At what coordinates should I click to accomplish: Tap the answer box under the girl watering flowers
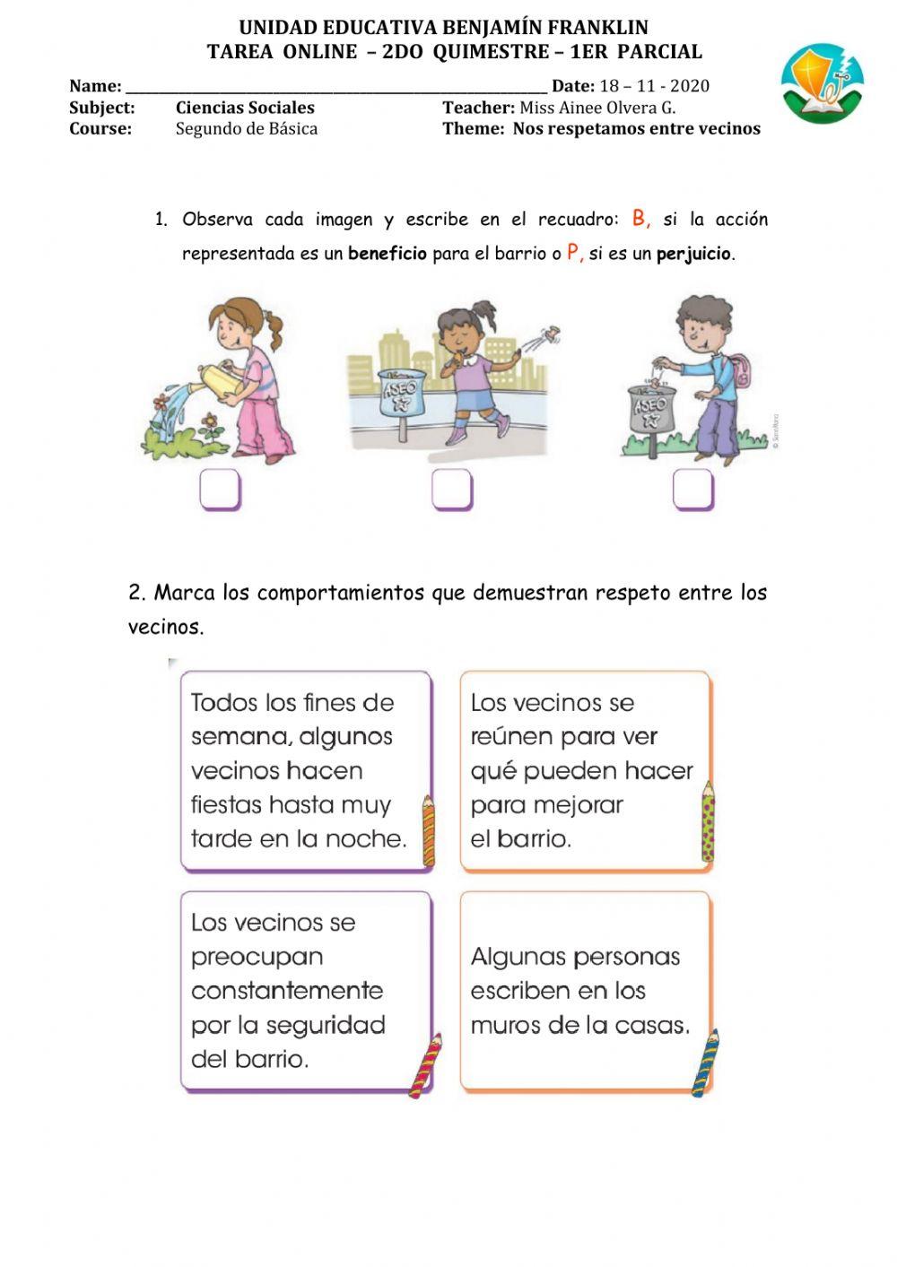[x=220, y=490]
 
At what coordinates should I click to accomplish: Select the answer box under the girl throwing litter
[x=452, y=490]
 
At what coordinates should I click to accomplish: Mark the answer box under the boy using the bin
[x=692, y=490]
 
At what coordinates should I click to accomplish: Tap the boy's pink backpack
[x=742, y=370]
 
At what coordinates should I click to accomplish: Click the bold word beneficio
[x=388, y=254]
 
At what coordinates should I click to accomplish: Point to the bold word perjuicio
[x=694, y=254]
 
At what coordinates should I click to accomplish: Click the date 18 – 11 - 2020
[x=654, y=86]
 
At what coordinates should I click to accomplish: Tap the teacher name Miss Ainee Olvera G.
[x=597, y=108]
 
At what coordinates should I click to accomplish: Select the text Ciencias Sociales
[x=245, y=108]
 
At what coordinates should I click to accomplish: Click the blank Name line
[x=336, y=87]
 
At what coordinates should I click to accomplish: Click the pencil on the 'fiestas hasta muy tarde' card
[x=429, y=829]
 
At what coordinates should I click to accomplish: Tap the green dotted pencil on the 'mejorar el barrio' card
[x=708, y=820]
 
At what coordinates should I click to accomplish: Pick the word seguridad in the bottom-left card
[x=326, y=1025]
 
